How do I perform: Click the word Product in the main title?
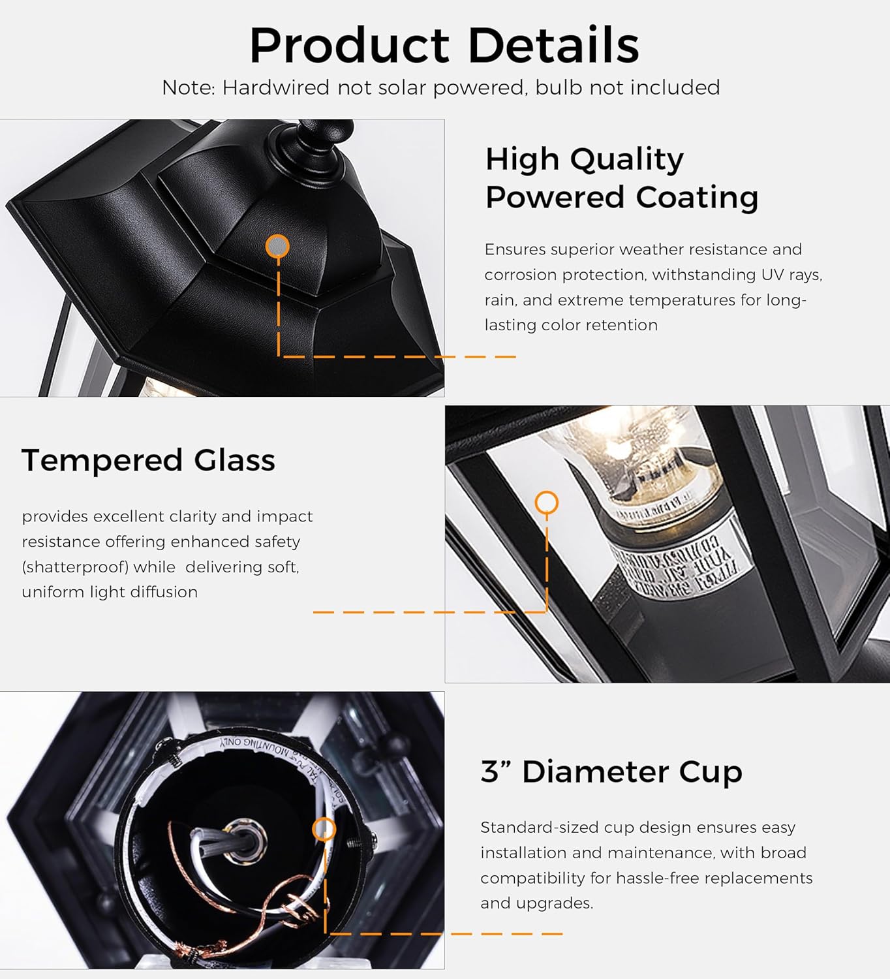coord(349,46)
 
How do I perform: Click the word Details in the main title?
coord(553,46)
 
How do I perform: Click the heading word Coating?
coord(697,196)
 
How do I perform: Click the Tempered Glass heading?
coord(148,460)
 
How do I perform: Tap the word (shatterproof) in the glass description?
coord(74,567)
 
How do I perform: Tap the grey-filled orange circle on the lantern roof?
coord(278,246)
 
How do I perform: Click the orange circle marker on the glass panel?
coord(547,503)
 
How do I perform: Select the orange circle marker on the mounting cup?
coord(324,830)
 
